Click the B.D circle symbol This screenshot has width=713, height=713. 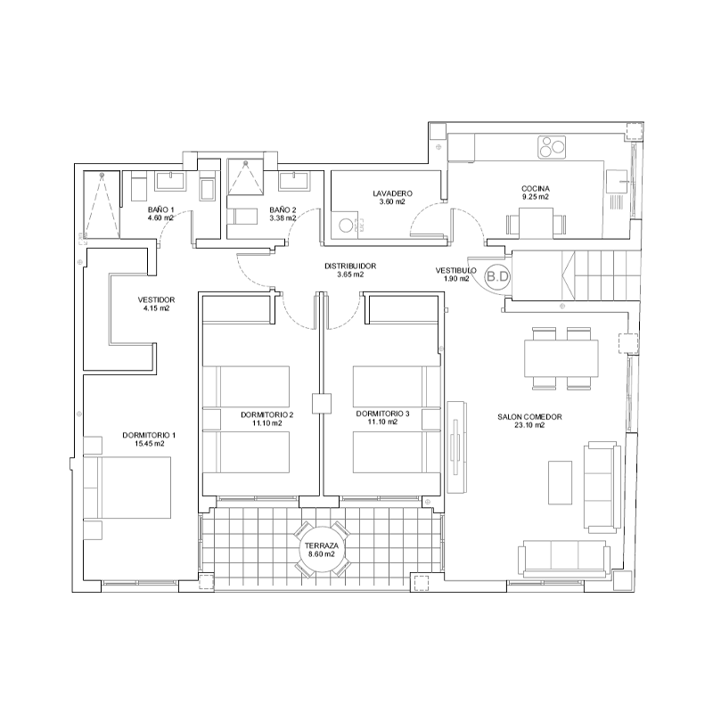(497, 276)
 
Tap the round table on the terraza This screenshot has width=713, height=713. (322, 549)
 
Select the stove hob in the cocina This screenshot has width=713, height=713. (552, 147)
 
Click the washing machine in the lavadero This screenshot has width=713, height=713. (347, 225)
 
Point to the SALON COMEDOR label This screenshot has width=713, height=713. (529, 417)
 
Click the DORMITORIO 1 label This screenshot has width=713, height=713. (149, 435)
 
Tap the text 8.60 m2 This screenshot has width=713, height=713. (322, 554)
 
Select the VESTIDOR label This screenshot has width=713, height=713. (156, 300)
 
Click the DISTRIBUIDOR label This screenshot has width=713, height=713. (350, 266)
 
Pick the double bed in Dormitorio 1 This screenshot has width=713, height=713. (127, 488)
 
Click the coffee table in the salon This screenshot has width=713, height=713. (560, 482)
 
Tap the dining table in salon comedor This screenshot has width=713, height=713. (561, 358)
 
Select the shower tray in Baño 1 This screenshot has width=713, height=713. (102, 205)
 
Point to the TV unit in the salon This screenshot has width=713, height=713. (456, 447)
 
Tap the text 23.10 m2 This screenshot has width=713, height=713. (529, 426)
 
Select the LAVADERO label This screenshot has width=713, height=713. (392, 193)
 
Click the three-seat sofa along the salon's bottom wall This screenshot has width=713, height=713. (564, 559)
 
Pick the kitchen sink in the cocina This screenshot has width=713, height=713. (617, 181)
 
